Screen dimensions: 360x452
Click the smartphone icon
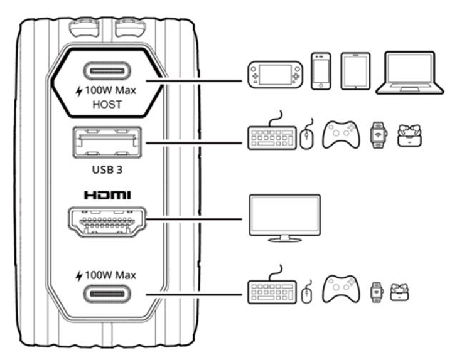click(x=321, y=70)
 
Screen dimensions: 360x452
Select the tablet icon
click(x=355, y=71)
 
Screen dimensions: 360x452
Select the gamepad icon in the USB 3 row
click(x=340, y=134)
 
